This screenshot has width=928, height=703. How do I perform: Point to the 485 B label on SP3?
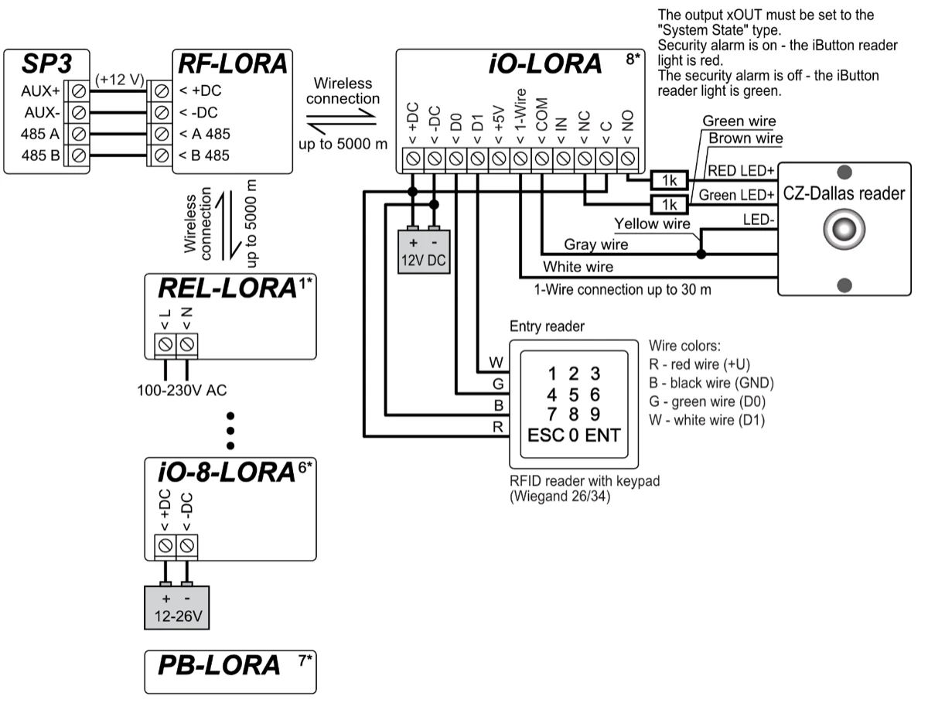click(x=39, y=155)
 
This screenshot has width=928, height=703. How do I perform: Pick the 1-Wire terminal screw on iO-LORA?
click(x=520, y=159)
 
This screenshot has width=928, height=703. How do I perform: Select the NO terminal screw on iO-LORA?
click(x=628, y=159)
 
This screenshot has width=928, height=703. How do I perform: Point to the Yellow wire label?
click(x=651, y=224)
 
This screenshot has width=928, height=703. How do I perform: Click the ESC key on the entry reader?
click(x=545, y=435)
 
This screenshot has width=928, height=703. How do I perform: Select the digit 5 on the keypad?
click(x=574, y=394)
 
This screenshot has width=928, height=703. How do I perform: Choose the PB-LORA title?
click(x=219, y=665)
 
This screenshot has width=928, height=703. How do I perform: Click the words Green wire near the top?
click(x=739, y=121)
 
